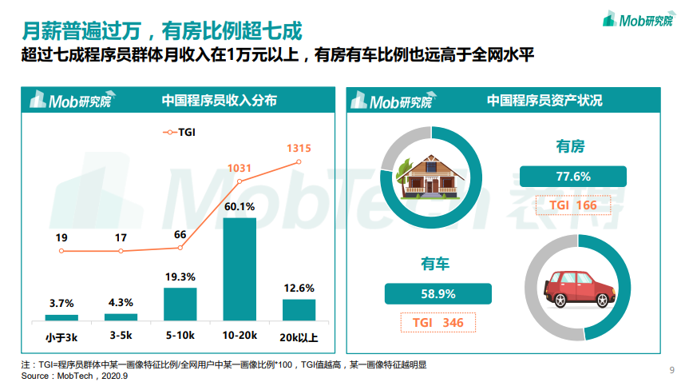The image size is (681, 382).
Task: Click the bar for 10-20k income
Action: click(x=239, y=269)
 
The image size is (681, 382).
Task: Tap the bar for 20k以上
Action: click(x=299, y=310)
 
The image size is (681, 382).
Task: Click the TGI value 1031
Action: click(x=240, y=169)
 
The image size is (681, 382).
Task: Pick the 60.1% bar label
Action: click(x=240, y=207)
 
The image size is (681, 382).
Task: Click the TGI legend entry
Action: click(x=179, y=132)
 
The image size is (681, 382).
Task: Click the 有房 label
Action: click(x=570, y=146)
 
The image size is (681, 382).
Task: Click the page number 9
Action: click(x=671, y=368)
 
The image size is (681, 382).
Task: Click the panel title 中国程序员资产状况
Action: click(x=544, y=101)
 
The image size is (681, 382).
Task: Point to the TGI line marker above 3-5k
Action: click(x=121, y=251)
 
